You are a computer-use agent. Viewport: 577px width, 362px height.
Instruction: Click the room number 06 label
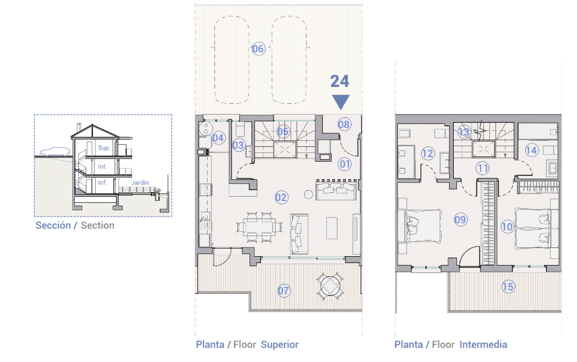pyautogui.click(x=258, y=49)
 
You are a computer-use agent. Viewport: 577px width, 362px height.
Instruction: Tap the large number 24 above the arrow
pyautogui.click(x=339, y=82)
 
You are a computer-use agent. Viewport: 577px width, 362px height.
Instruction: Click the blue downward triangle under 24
pyautogui.click(x=341, y=102)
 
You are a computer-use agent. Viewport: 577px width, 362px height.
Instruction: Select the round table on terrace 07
pyautogui.click(x=330, y=286)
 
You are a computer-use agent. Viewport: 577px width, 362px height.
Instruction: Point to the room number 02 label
pyautogui.click(x=282, y=198)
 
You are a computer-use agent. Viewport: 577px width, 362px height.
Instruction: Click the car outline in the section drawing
pyautogui.click(x=55, y=151)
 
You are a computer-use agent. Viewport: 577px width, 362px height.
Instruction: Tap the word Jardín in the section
pyautogui.click(x=140, y=183)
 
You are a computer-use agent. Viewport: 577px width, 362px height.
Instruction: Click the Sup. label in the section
pyautogui.click(x=104, y=148)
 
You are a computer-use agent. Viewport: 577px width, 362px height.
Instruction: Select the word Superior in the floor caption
pyautogui.click(x=280, y=344)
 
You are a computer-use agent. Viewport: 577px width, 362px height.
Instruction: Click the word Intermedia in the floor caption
pyautogui.click(x=483, y=344)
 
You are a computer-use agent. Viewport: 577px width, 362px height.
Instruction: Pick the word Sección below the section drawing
pyautogui.click(x=53, y=225)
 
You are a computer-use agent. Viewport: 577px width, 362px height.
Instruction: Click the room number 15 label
pyautogui.click(x=508, y=286)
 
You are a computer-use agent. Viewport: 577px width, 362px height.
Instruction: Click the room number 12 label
pyautogui.click(x=428, y=153)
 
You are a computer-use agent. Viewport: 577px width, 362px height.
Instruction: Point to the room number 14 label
pyautogui.click(x=532, y=150)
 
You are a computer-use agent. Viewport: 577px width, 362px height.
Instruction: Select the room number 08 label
pyautogui.click(x=344, y=124)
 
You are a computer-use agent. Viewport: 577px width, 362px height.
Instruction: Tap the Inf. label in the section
pyautogui.click(x=102, y=183)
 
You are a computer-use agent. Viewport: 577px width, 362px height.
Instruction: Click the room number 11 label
pyautogui.click(x=483, y=169)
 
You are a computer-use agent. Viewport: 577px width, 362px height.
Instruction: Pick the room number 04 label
pyautogui.click(x=218, y=138)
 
